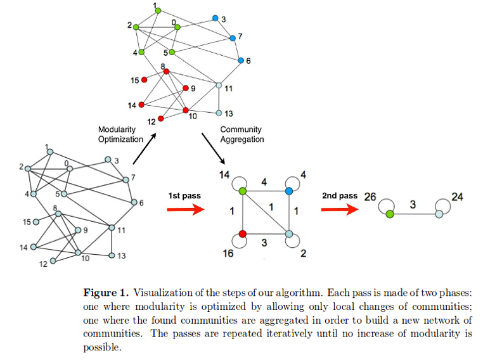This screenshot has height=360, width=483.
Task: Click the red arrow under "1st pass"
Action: coord(186,210)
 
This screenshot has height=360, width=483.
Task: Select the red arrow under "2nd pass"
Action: coord(340,210)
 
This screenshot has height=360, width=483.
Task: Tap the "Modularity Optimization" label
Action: coord(120,134)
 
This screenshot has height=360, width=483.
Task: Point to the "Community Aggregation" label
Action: coord(241,134)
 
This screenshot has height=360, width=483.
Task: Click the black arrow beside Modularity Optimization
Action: coord(145,148)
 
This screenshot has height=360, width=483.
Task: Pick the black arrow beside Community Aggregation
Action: coord(213,148)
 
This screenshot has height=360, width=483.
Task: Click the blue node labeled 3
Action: coord(216,18)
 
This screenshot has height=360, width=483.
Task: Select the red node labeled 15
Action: coord(144,80)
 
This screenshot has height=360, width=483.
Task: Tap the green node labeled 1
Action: coord(158,11)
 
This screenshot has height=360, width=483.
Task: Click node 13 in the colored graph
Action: coord(219,113)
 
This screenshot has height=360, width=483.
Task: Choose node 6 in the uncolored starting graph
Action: coord(134,202)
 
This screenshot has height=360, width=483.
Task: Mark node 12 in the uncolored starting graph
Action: coord(53,261)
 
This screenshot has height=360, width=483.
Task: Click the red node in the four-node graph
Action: coord(243,234)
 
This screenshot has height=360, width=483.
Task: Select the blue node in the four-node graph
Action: coord(289,191)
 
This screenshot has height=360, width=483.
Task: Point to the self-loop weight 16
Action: coord(228,254)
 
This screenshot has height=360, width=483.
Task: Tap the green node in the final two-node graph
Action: coord(390,214)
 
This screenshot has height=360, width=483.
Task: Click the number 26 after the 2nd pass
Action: coord(370,196)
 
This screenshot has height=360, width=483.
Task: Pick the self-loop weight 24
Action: coord(457,196)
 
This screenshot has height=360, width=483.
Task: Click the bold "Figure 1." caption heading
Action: coord(106,293)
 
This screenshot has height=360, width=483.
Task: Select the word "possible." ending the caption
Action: coord(102,348)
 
